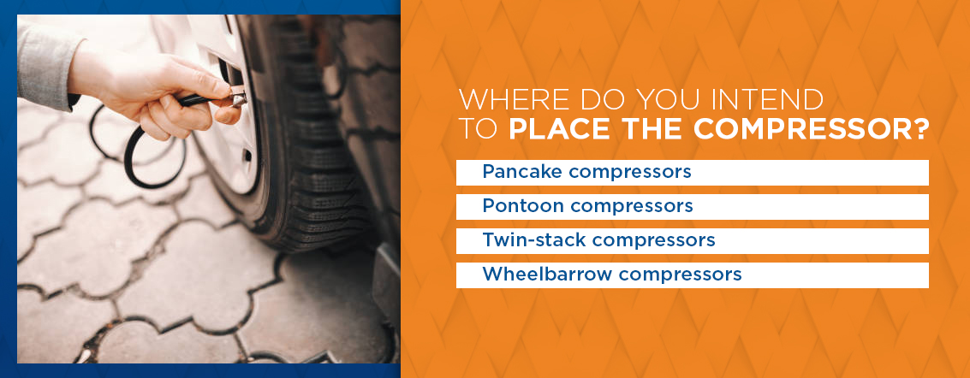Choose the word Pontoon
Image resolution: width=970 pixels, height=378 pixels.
click(x=523, y=205)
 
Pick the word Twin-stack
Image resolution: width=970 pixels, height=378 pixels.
click(x=534, y=239)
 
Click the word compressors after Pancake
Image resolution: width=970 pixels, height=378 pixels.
click(x=630, y=173)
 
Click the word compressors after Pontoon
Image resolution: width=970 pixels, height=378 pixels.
click(x=631, y=206)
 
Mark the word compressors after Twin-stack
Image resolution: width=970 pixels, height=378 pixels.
click(x=653, y=241)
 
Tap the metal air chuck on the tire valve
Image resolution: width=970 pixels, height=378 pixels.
click(x=237, y=97)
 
